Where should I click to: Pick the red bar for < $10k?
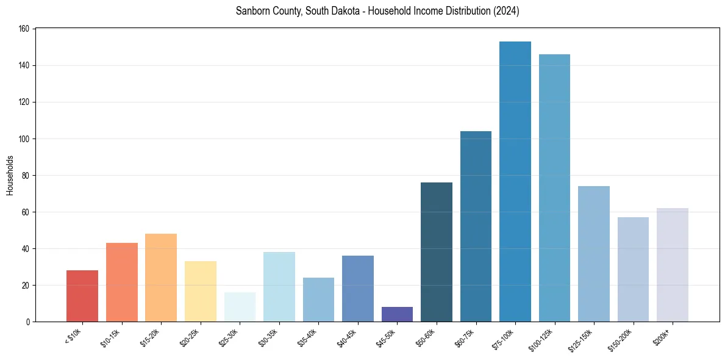[82, 296]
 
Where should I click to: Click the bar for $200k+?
[673, 265]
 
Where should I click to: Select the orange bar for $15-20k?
[161, 278]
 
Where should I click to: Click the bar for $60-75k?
[476, 226]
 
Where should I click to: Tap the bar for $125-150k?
[594, 254]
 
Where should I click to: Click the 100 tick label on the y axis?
[26, 139]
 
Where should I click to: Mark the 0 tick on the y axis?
[29, 322]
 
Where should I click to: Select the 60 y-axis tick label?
[27, 212]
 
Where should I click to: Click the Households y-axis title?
[10, 175]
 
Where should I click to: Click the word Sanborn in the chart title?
[252, 11]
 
